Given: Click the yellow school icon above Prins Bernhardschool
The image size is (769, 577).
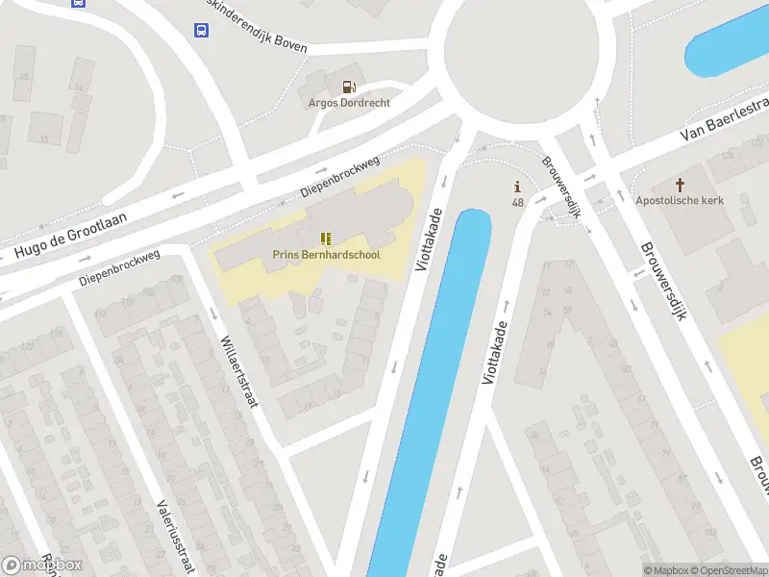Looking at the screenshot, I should click(325, 238).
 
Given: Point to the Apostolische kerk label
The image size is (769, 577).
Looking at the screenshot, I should click(680, 200).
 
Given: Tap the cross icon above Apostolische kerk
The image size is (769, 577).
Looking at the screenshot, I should click(681, 183).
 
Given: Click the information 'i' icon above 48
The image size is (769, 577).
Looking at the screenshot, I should click(517, 187).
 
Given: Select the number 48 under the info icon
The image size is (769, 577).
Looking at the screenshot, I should click(518, 202).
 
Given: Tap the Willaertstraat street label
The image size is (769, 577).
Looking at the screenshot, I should click(239, 371).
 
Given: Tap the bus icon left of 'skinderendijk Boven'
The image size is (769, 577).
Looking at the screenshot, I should click(201, 30).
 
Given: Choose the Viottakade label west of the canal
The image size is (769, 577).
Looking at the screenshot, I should click(429, 239).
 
